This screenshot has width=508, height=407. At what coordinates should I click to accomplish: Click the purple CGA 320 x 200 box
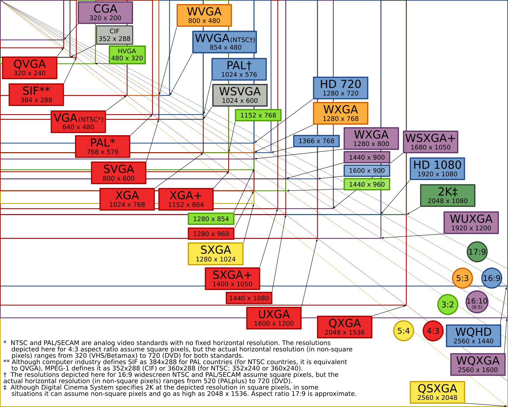point(105,13)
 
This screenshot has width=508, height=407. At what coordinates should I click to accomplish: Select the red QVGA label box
point(30,68)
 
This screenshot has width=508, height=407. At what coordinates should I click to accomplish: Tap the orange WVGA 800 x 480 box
point(204,15)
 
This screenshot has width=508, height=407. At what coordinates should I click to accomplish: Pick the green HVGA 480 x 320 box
point(127,55)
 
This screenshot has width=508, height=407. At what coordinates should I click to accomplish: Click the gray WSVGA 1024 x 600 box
point(240,95)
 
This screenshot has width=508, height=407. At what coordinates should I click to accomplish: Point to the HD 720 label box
point(340,88)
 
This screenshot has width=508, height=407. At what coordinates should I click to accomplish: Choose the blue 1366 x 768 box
point(316,141)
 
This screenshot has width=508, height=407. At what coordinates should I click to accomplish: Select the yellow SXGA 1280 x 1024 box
point(215,254)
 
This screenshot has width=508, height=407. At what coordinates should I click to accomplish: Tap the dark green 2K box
point(448,195)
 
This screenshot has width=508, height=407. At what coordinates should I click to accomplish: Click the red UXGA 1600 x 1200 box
point(274,318)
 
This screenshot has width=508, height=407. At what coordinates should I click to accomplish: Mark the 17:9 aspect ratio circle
point(477,252)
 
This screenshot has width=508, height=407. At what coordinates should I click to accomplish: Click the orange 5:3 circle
point(463,278)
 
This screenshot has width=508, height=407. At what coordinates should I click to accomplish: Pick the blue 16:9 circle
point(492,278)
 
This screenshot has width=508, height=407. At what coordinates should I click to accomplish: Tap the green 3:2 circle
point(448,304)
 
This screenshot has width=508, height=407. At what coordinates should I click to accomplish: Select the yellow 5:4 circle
point(404,331)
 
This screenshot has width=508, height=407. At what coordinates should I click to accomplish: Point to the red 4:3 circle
point(433,331)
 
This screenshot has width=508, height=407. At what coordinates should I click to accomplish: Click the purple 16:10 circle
point(477,302)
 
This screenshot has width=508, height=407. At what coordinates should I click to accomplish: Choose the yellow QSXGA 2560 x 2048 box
point(437,392)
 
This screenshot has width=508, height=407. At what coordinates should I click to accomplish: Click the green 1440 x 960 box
point(367,184)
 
